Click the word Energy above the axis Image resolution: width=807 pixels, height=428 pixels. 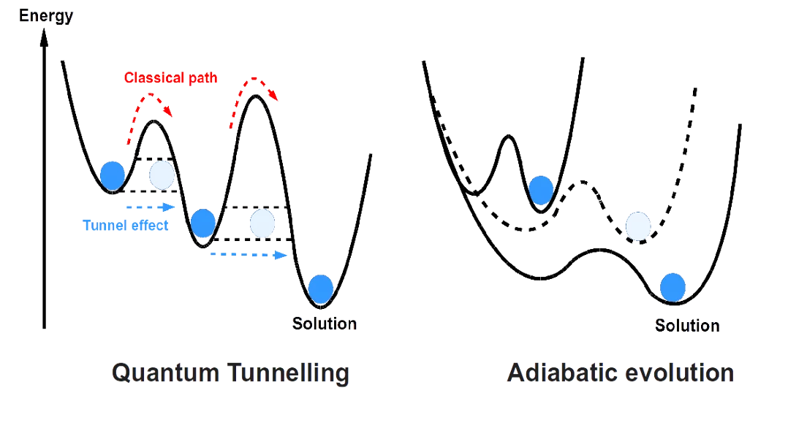46,15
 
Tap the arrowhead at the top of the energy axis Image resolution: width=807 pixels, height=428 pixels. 45,37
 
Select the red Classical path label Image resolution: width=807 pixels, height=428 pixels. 170,77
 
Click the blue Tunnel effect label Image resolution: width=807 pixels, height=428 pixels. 126,225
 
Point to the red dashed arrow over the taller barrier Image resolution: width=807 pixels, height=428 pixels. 253,80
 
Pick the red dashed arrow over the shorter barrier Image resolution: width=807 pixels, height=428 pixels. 150,94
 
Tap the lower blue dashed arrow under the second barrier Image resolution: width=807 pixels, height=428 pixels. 249,255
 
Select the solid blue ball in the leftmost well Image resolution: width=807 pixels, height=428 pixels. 112,176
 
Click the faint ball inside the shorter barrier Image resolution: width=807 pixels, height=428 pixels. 162,175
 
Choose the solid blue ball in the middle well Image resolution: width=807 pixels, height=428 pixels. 203,223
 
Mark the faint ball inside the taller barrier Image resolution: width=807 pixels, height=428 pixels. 262,223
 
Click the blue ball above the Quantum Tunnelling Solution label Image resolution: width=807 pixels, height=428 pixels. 321,289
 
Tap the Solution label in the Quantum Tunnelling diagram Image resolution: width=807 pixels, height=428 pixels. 325,324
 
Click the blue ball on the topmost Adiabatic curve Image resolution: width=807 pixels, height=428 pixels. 541,191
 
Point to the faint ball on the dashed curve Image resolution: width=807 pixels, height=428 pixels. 638,226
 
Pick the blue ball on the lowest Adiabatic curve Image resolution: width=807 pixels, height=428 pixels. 672,287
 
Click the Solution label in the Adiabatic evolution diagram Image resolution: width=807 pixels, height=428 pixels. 687,326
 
